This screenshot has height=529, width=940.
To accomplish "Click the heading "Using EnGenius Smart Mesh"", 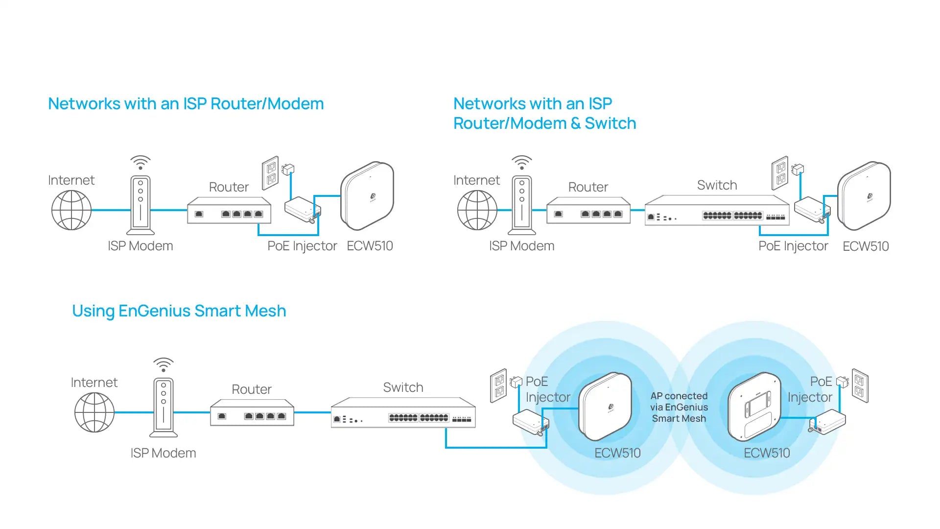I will tap(179, 311).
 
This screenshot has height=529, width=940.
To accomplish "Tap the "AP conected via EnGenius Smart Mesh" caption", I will tap(679, 407).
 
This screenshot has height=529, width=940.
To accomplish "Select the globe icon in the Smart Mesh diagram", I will tap(94, 412).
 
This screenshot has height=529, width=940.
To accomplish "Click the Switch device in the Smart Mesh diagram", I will tap(403, 413).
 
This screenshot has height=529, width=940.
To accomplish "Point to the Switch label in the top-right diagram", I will tap(717, 185).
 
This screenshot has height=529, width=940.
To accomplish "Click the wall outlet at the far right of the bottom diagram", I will tap(860, 385).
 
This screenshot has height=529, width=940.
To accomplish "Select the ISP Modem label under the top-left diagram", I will tap(140, 246).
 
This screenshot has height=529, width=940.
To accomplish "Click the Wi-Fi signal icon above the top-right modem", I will tap(522, 162).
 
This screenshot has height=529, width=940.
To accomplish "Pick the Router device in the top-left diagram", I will tap(229, 211).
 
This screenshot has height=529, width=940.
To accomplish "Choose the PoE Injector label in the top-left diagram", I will tap(302, 246).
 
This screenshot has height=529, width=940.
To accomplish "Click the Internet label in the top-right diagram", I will tap(476, 180).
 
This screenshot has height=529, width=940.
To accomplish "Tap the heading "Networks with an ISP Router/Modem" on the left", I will tap(186, 104).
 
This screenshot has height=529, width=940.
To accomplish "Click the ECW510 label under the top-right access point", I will tap(866, 246).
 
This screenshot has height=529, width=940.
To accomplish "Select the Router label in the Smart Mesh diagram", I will tap(251, 389).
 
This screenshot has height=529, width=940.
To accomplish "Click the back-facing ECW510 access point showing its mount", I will tap(754, 407).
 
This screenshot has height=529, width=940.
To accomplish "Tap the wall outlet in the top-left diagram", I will tap(270, 173).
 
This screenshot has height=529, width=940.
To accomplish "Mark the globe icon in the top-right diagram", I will tap(477, 210).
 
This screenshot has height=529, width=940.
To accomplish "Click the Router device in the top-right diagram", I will tap(588, 211).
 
